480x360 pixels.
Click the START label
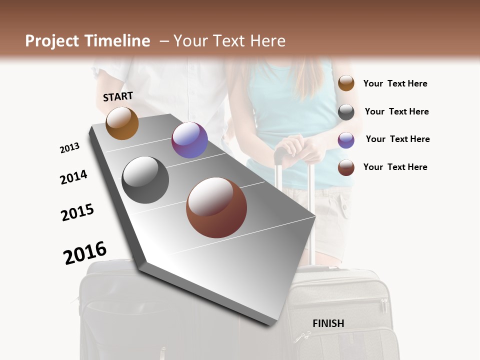[118, 96]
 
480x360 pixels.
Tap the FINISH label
[328, 323]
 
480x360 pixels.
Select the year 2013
[69, 148]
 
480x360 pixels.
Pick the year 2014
[73, 177]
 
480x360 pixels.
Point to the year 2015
[77, 212]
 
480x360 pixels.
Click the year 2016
[85, 252]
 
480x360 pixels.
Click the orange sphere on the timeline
[122, 123]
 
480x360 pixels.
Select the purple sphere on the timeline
[189, 140]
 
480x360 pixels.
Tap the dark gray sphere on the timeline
[145, 180]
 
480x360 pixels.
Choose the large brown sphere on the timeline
[216, 207]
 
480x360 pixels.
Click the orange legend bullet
[346, 83]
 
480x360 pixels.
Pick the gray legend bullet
[346, 112]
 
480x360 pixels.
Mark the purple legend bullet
[346, 140]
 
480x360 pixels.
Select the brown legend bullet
[346, 167]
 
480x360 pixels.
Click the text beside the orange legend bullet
[395, 83]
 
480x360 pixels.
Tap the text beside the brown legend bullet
[395, 167]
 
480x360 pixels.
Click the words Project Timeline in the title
[87, 41]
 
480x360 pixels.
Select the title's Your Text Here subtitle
[229, 41]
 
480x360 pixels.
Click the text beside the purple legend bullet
[397, 139]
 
